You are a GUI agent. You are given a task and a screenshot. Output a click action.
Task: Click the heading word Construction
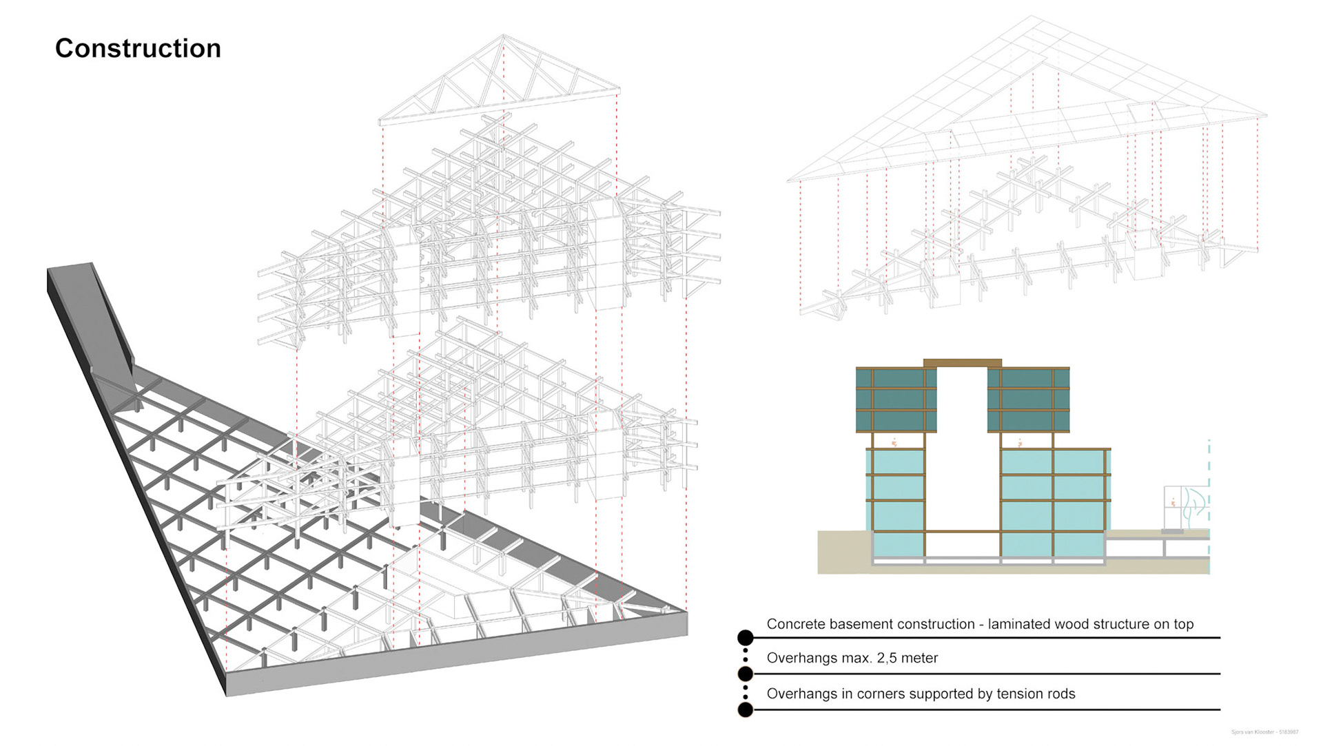click(138, 49)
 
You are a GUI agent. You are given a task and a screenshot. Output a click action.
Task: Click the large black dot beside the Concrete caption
click(745, 638)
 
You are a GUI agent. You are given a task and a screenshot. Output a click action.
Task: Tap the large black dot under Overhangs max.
click(745, 673)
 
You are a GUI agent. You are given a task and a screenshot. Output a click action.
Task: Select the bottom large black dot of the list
click(745, 709)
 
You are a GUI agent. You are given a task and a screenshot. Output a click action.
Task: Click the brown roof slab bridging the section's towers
click(962, 363)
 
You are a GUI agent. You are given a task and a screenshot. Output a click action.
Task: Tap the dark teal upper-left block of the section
click(896, 400)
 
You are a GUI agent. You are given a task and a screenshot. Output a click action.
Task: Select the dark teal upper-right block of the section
click(1028, 400)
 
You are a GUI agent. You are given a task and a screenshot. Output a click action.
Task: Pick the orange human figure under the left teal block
click(894, 443)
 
